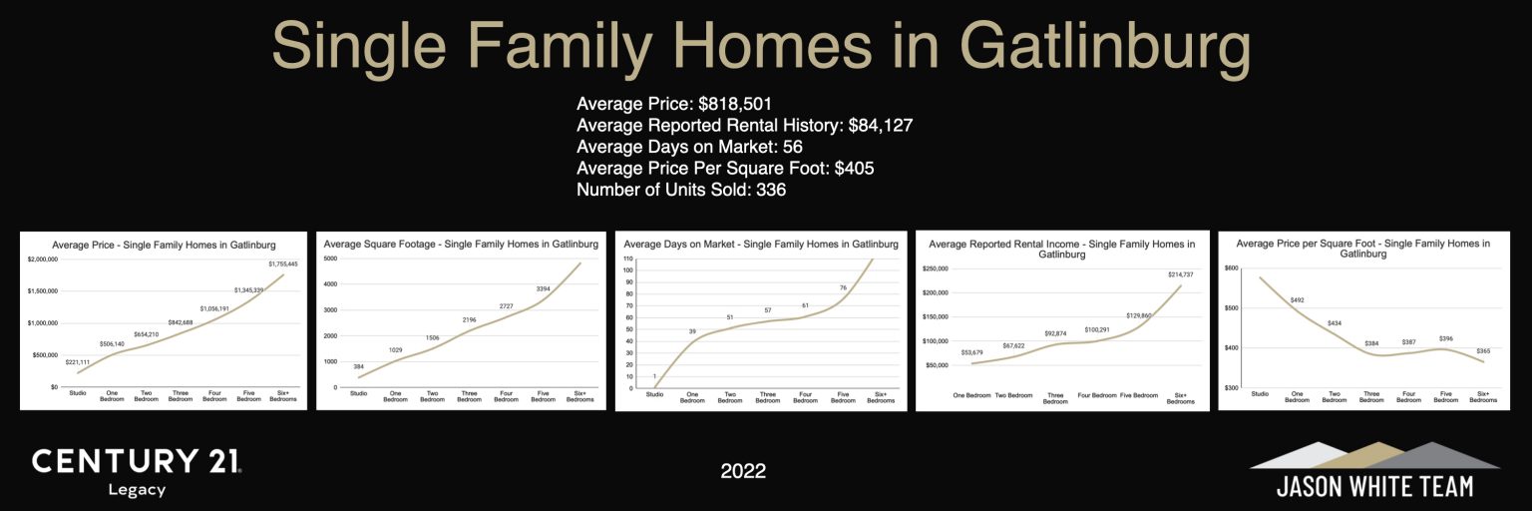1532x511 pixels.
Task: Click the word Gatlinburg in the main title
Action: [1104, 46]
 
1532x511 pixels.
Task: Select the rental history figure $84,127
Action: [881, 126]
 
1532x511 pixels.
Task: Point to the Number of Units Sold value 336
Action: [771, 190]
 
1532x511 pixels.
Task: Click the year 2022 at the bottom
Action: [743, 471]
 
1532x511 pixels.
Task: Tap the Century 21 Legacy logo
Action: [136, 471]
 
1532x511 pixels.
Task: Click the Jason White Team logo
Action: [1374, 470]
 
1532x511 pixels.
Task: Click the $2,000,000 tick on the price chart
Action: [41, 259]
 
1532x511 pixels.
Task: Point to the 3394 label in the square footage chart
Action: [543, 289]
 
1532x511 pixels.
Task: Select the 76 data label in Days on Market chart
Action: [843, 288]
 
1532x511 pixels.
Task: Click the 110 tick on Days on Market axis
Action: [628, 259]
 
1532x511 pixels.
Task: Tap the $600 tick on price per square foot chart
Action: [1231, 268]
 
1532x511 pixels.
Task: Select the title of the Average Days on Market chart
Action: [761, 244]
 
